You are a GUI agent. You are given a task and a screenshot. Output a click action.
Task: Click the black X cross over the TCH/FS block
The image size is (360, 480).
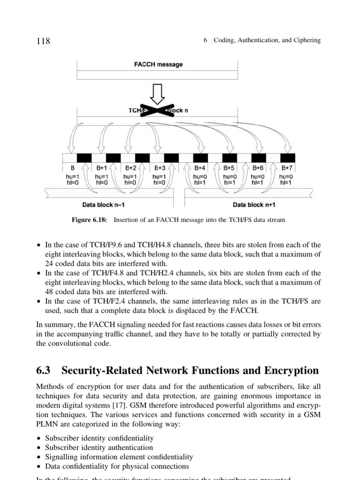coord(158,111)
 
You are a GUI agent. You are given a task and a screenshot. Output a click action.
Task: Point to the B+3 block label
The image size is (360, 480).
coord(160,167)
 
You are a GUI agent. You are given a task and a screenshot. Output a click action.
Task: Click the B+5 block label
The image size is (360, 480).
coord(228,167)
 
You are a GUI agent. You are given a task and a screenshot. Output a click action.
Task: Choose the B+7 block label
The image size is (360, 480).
coord(286,167)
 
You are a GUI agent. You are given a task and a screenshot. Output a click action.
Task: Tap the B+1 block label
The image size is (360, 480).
coord(102,167)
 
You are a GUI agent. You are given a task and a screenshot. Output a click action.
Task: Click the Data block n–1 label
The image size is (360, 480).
coord(104,205)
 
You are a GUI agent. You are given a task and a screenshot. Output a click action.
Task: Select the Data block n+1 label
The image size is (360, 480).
coord(254,205)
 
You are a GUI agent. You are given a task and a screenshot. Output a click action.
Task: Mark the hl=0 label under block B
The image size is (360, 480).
coord(73,183)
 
